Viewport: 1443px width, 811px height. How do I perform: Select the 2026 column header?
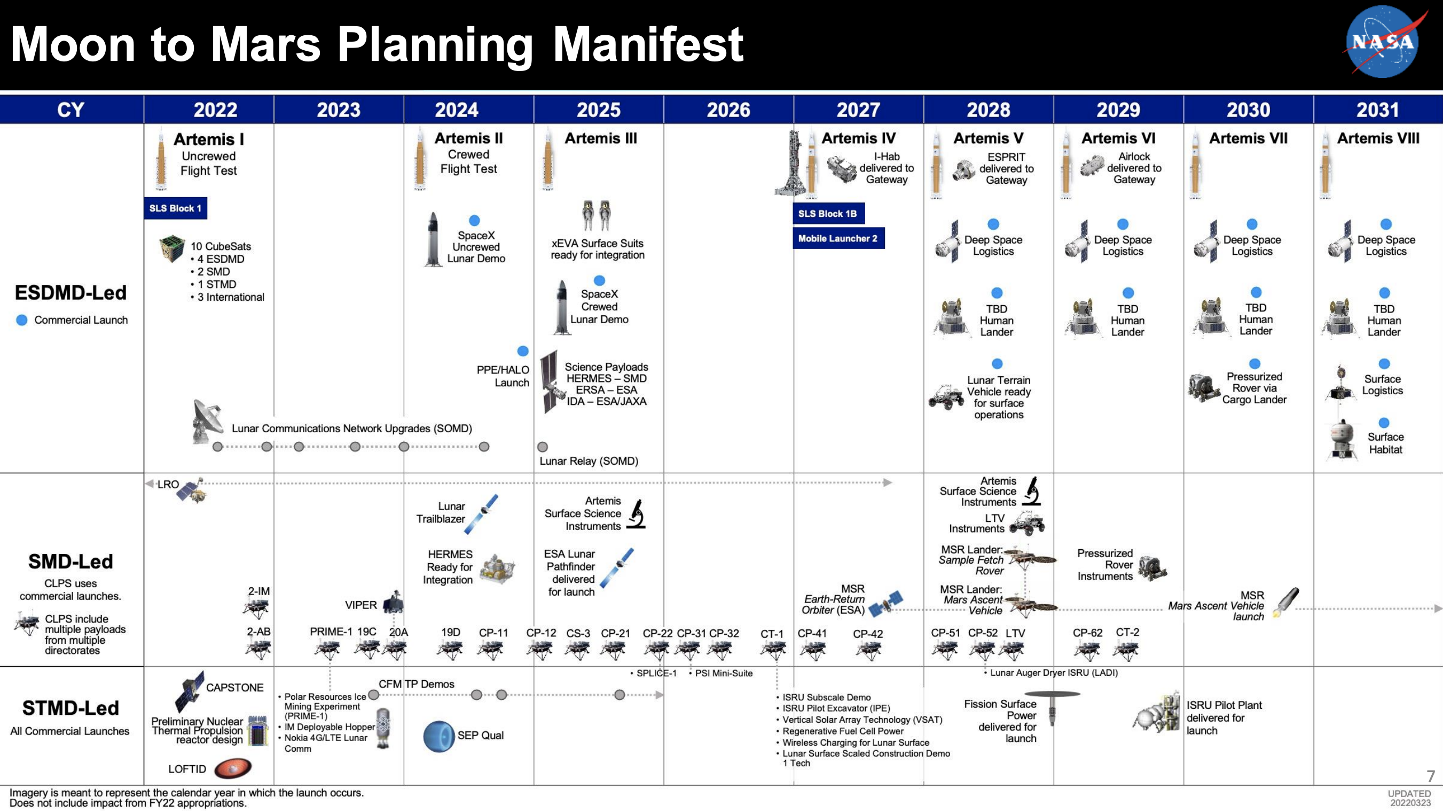click(x=728, y=110)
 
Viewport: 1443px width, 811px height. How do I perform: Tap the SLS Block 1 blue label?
click(x=175, y=208)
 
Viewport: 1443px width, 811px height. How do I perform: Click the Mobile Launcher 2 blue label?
click(x=838, y=238)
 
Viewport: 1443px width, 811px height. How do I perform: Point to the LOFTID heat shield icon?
click(x=232, y=768)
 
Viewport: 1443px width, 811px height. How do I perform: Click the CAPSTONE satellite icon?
click(x=190, y=690)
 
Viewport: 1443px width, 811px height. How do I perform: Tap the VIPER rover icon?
click(x=394, y=603)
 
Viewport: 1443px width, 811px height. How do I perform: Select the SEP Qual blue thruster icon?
click(x=438, y=736)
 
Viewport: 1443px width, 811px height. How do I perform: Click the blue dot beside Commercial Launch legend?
click(x=22, y=320)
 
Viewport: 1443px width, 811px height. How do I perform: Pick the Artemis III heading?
click(x=600, y=138)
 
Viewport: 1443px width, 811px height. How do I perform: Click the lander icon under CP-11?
click(x=491, y=650)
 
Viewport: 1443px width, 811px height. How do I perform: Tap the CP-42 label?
click(x=868, y=633)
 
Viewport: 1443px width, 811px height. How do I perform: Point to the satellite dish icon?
click(x=205, y=420)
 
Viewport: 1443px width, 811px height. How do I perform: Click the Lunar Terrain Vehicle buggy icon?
click(x=946, y=396)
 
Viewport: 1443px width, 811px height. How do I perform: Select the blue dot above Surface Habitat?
click(x=1384, y=423)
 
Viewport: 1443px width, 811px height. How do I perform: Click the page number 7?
click(x=1430, y=776)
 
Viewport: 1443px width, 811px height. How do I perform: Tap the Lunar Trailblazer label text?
click(x=441, y=512)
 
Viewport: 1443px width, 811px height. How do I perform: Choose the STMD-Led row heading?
click(x=70, y=708)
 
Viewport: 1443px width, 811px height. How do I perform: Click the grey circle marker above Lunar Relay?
click(x=542, y=447)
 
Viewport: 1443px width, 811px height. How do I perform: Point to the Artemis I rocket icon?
click(x=161, y=160)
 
